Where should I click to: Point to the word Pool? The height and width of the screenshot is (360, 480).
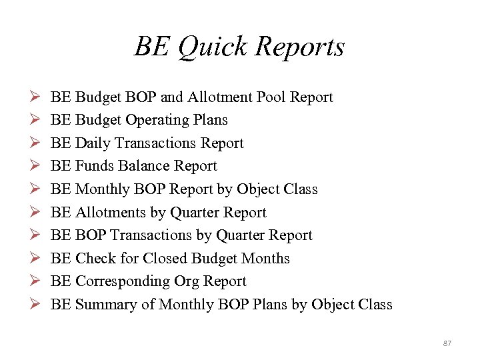269,97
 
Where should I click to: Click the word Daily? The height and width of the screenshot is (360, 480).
93,143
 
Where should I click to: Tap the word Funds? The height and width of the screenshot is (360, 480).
95,166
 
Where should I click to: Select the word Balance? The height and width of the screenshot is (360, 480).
143,166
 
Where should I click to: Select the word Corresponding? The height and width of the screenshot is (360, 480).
119,281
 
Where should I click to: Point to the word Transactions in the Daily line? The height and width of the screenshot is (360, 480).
155,143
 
